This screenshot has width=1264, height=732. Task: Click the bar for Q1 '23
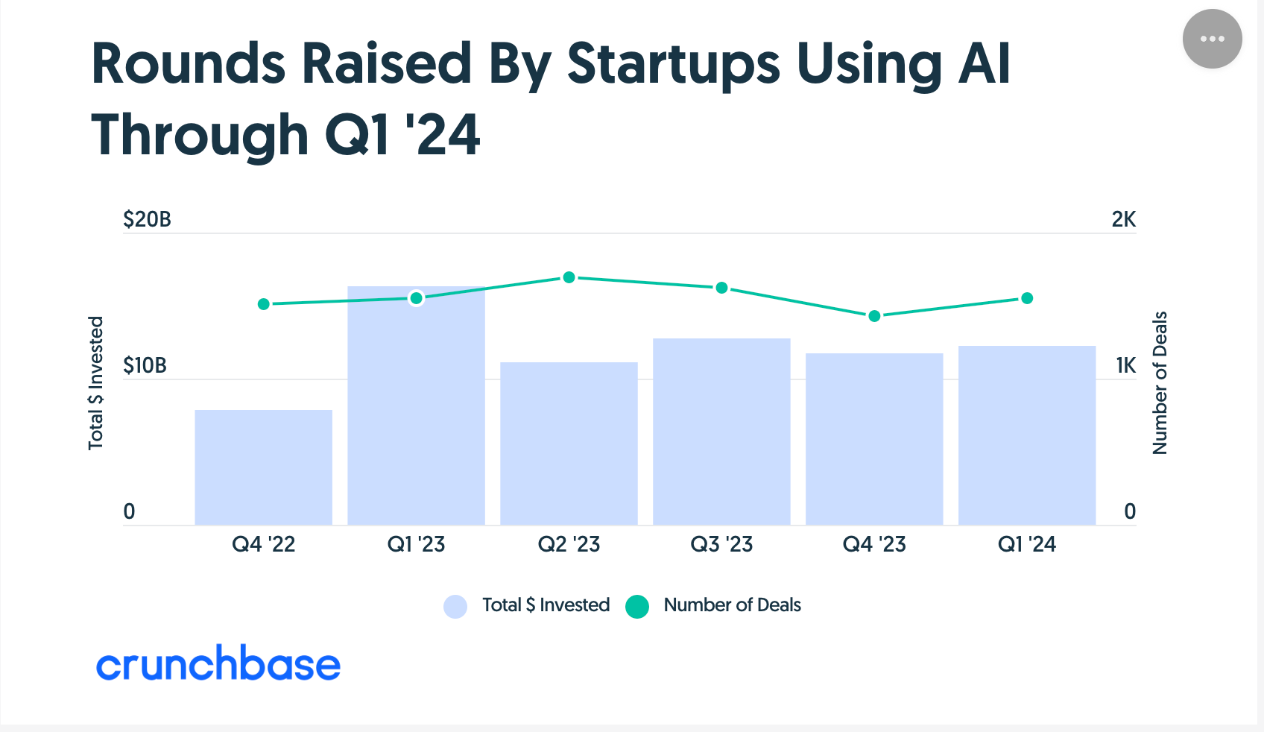pyautogui.click(x=416, y=406)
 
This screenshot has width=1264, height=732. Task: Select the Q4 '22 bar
pyautogui.click(x=263, y=467)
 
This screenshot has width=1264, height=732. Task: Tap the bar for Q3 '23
pyautogui.click(x=721, y=432)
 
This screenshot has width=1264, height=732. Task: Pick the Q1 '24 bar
pyautogui.click(x=1027, y=435)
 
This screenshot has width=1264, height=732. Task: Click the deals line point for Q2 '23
pyautogui.click(x=569, y=277)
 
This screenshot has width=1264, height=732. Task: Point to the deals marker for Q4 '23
pyautogui.click(x=874, y=316)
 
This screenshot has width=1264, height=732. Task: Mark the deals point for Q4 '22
pyautogui.click(x=263, y=304)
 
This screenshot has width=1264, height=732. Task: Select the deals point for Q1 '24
pyautogui.click(x=1027, y=298)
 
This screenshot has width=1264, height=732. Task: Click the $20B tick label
pyautogui.click(x=147, y=219)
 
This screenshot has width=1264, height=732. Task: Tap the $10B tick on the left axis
pyautogui.click(x=145, y=365)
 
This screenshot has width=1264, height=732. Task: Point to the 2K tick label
pyautogui.click(x=1123, y=219)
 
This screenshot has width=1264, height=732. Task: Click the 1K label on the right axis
pyautogui.click(x=1125, y=365)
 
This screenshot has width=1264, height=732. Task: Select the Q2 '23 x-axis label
pyautogui.click(x=569, y=544)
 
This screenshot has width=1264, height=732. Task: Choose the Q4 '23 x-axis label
pyautogui.click(x=874, y=544)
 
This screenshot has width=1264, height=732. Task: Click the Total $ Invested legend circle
pyautogui.click(x=455, y=606)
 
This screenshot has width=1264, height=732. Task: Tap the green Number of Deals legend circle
pyautogui.click(x=637, y=606)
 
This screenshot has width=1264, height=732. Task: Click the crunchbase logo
pyautogui.click(x=218, y=664)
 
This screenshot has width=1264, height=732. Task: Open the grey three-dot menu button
pyautogui.click(x=1212, y=39)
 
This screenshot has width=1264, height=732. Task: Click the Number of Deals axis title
pyautogui.click(x=1160, y=382)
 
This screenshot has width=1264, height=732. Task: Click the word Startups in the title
pyautogui.click(x=673, y=63)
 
